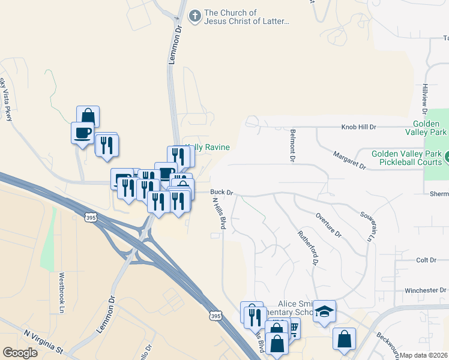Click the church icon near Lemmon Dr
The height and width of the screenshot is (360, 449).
pos(194,16)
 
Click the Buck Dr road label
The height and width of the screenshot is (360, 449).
pos(221,193)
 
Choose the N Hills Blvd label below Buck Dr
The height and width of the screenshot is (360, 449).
pos(219,214)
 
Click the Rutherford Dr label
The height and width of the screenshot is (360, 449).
pos(307,248)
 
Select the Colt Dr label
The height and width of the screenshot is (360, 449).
pos(426,260)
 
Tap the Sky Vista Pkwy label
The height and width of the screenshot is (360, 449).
pos(7,100)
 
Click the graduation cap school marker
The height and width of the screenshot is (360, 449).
pos(324,311)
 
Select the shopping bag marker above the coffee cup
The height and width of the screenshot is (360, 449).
pos(88,116)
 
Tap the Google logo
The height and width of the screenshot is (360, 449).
pos(20,353)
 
